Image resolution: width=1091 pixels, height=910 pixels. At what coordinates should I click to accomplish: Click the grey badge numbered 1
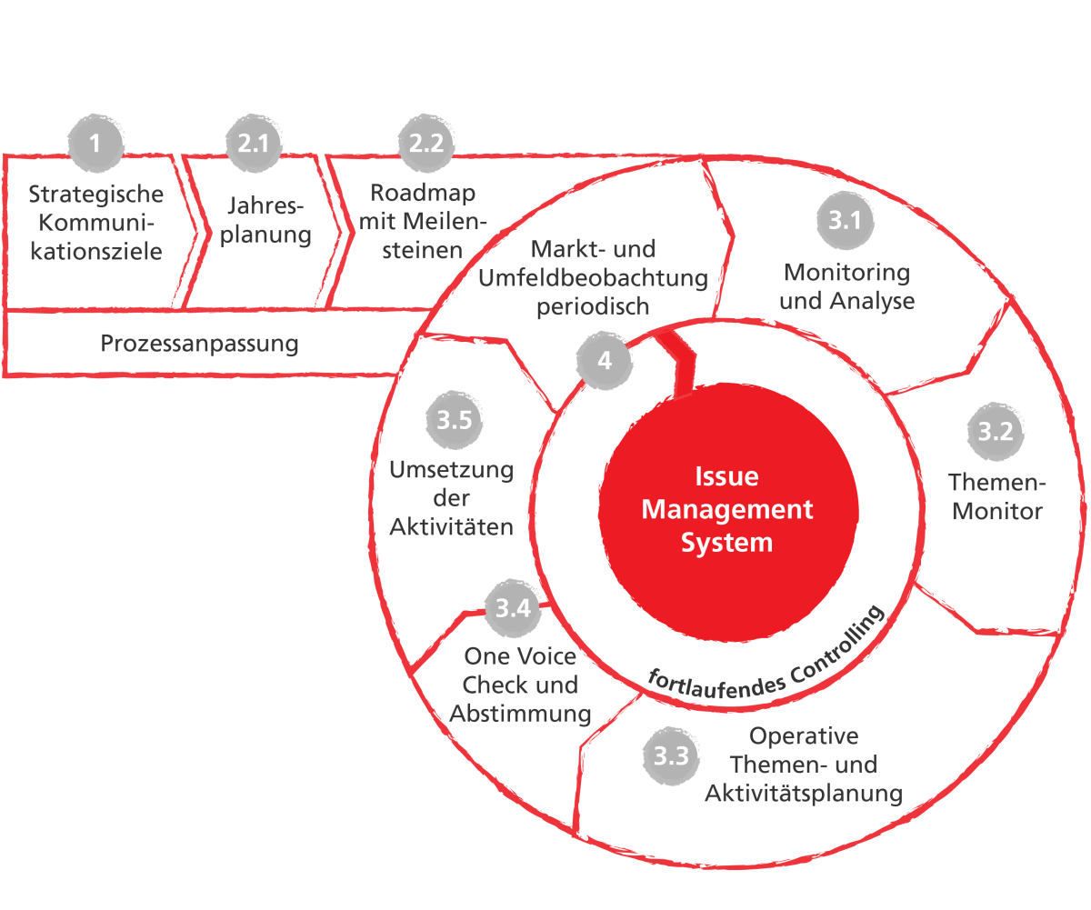pyautogui.click(x=95, y=143)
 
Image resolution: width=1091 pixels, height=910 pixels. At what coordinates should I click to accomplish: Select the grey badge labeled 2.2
pyautogui.click(x=425, y=143)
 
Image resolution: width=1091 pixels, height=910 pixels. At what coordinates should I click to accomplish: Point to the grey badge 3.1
pyautogui.click(x=845, y=221)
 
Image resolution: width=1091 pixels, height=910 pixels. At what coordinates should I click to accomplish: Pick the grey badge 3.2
pyautogui.click(x=995, y=432)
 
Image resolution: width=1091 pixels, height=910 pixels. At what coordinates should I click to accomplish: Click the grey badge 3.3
pyautogui.click(x=671, y=755)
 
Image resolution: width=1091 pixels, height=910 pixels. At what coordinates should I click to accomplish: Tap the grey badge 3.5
pyautogui.click(x=454, y=421)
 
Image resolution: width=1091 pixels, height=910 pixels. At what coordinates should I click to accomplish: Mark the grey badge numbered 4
pyautogui.click(x=605, y=361)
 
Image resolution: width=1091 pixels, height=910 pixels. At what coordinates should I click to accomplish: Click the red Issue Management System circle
pyautogui.click(x=727, y=509)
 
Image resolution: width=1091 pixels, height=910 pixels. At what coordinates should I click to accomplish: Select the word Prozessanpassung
pyautogui.click(x=199, y=345)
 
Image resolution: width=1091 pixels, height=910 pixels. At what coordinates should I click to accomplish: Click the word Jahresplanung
pyautogui.click(x=265, y=220)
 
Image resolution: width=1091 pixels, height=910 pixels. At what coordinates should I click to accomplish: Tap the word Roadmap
pyautogui.click(x=423, y=194)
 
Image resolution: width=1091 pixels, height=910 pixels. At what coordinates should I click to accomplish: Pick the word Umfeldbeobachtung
pyautogui.click(x=593, y=278)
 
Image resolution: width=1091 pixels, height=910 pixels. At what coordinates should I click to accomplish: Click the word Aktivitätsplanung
pyautogui.click(x=804, y=794)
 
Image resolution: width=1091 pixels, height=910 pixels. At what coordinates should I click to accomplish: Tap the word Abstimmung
pyautogui.click(x=520, y=714)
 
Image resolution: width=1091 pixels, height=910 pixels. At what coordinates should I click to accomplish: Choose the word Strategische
pyautogui.click(x=96, y=195)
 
